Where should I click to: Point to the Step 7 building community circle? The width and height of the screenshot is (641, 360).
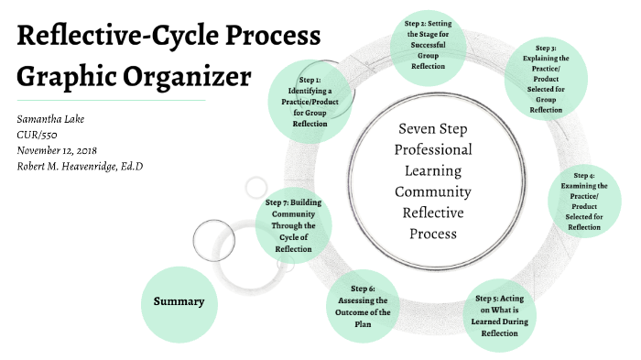(293, 224)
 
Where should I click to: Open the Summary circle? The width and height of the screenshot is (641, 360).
(179, 301)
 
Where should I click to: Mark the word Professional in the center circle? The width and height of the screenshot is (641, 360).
(432, 149)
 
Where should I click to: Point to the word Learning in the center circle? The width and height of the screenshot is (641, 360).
(432, 170)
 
